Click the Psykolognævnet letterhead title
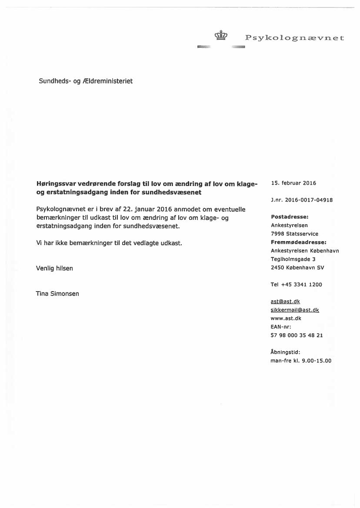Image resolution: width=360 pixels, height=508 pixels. pos(294,38)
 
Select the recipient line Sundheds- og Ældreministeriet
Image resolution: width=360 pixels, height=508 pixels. pos(86,81)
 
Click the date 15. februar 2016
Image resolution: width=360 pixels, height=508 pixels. pos(293,183)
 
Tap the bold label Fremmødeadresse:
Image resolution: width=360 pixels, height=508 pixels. pos(298,242)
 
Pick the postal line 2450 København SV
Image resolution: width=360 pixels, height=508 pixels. pos(297,268)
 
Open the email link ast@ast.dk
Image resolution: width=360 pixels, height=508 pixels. pos(285,302)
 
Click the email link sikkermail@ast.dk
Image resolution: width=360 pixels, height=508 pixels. pos(295,310)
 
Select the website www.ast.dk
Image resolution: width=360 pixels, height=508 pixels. pos(286,319)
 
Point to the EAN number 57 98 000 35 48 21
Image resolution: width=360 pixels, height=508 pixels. pos(297,335)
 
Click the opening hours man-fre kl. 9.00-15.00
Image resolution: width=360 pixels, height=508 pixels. pos(301,361)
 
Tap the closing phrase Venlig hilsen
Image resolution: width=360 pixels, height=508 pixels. pos(54,269)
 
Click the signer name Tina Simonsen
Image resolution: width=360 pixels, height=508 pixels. pos(57,294)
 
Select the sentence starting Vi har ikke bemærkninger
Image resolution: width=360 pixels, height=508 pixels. pos(109,243)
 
